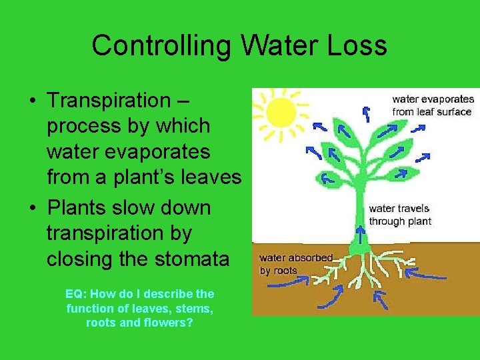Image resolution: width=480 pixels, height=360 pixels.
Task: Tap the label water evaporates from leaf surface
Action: (433, 105)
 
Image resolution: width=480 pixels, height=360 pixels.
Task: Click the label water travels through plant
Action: (400, 215)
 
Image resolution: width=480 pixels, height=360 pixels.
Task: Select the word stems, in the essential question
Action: (192, 308)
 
